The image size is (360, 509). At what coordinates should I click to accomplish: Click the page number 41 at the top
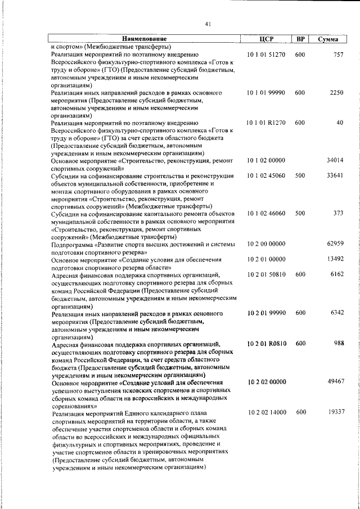[x=208, y=24]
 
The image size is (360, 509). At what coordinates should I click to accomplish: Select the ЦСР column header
[x=267, y=39]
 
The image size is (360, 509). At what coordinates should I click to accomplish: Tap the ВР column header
[x=300, y=39]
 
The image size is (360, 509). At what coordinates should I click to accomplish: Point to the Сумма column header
[x=328, y=39]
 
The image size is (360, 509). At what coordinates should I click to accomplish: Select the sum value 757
[x=338, y=55]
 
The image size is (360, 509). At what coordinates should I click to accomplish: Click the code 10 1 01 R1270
[x=267, y=123]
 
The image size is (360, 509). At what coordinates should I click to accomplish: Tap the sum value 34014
[x=335, y=160]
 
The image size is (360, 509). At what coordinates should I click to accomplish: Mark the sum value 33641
[x=335, y=176]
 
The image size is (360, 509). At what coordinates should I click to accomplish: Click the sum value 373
[x=338, y=214]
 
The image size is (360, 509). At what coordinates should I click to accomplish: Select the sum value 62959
[x=335, y=244]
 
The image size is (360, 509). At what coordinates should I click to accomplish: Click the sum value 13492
[x=335, y=259]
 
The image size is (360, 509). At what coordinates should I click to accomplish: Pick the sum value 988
[x=338, y=343]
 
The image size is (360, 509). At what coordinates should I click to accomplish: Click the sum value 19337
[x=335, y=412]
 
